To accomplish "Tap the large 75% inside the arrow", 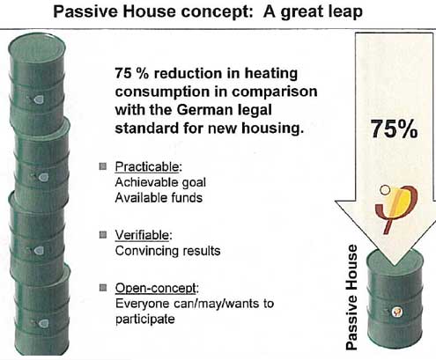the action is coord(394,129).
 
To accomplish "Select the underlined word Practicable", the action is coord(147,167).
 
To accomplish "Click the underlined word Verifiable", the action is coord(142,235).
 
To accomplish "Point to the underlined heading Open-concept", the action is coord(156,288).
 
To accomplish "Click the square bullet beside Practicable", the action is coord(103,166).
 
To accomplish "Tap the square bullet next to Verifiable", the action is coord(103,235).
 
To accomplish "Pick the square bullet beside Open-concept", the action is coord(103,288).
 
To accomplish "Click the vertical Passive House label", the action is coord(351,298).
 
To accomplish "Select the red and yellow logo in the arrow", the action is coord(396,208).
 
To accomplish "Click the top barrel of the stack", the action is coord(37,82).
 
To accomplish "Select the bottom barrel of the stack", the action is coord(41,310).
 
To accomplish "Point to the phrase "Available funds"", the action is coord(159,198).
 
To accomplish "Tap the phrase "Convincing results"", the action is coord(167,251).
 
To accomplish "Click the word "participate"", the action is coord(145,320).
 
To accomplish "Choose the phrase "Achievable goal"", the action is coord(160,182).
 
